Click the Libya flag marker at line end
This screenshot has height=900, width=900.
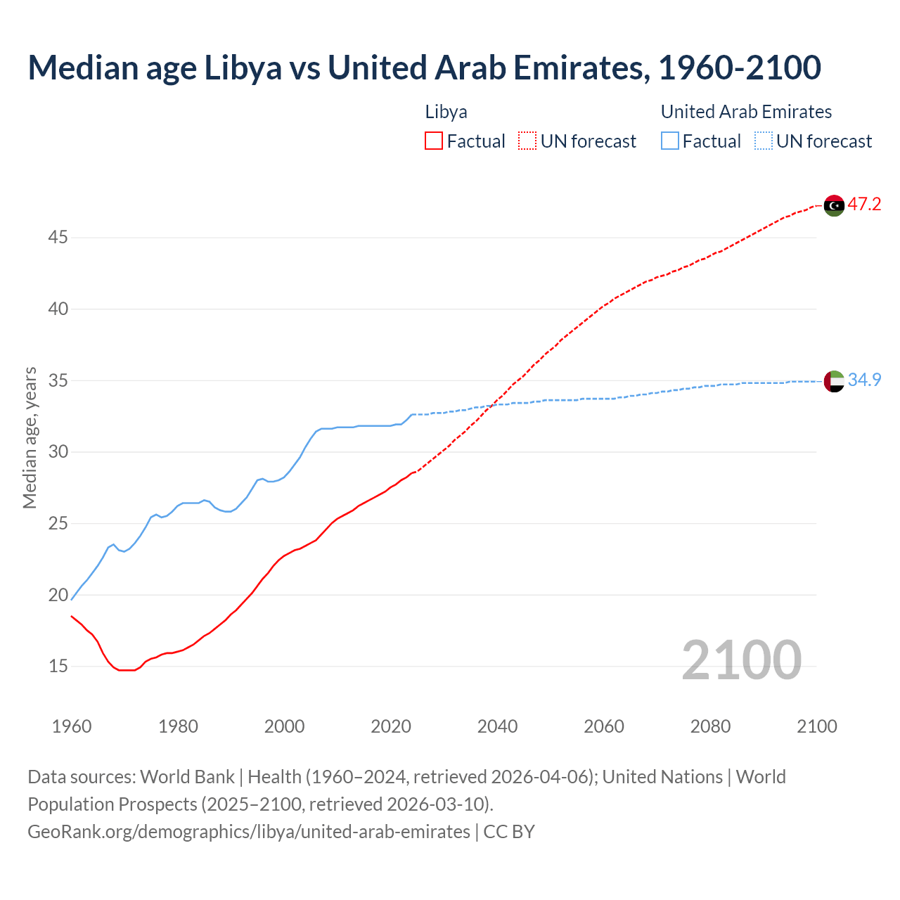click(x=834, y=205)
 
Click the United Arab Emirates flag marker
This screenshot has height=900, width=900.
click(x=834, y=381)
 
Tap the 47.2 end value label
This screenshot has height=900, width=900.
click(x=864, y=205)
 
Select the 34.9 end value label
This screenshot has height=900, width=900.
click(x=864, y=380)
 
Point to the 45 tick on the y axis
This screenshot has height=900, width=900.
click(x=58, y=238)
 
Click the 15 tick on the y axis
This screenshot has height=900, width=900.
click(x=58, y=666)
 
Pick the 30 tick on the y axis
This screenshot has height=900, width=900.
click(x=58, y=452)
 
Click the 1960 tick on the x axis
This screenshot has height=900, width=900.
click(x=72, y=726)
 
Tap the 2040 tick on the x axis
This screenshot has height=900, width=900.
click(x=497, y=726)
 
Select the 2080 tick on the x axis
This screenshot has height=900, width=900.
click(x=710, y=726)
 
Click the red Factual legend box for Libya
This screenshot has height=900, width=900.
click(x=434, y=141)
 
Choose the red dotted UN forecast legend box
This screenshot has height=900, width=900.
click(x=527, y=141)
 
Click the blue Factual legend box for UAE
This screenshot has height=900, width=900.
click(x=670, y=141)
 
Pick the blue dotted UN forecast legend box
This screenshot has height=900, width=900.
click(x=764, y=141)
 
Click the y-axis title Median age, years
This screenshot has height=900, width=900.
click(x=30, y=437)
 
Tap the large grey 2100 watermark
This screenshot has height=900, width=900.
click(x=741, y=660)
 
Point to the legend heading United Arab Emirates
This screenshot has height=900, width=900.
click(x=746, y=112)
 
